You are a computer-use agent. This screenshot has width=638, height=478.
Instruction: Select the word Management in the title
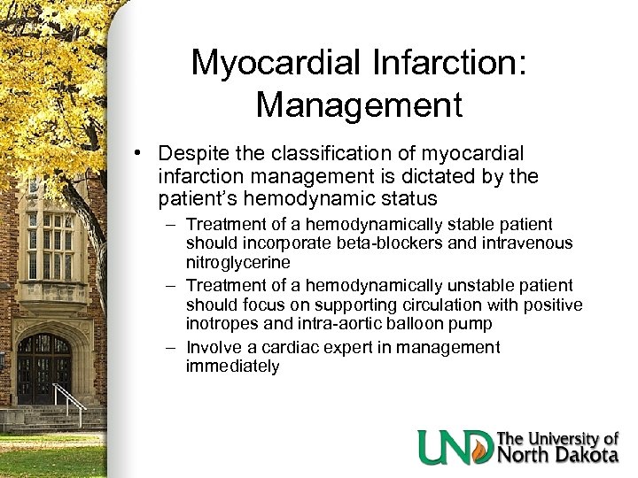tap(360, 104)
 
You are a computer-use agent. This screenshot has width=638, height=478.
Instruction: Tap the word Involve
tap(214, 347)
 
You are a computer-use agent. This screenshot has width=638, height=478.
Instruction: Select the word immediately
tap(232, 366)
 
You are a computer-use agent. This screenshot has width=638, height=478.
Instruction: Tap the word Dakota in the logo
tap(587, 455)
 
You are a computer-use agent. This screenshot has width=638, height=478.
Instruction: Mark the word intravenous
tap(527, 243)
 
